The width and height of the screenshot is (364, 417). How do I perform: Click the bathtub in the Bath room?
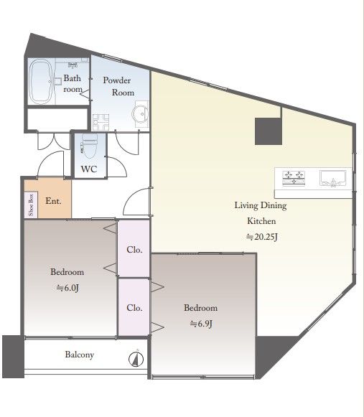[40, 81]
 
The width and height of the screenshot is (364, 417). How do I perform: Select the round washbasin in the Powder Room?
[140, 114]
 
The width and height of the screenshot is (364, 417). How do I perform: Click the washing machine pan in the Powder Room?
[101, 122]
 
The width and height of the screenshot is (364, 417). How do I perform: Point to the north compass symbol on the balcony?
[136, 359]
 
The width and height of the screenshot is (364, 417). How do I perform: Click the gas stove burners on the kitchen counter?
[294, 178]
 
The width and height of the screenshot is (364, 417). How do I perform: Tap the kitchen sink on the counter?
[333, 178]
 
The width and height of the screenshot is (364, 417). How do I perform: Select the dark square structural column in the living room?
[269, 131]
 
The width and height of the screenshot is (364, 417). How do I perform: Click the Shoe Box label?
[31, 205]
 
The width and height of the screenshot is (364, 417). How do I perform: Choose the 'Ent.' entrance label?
[53, 201]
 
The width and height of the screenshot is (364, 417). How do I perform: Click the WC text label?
[89, 169]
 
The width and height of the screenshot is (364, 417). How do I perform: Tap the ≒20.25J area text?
[262, 237]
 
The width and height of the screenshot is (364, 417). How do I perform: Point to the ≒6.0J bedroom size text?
[67, 288]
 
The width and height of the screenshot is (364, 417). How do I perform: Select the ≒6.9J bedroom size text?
[201, 324]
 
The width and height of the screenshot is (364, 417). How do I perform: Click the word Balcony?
[79, 355]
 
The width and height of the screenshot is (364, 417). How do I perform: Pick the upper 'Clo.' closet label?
[134, 250]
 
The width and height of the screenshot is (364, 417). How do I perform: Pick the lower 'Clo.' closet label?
[134, 308]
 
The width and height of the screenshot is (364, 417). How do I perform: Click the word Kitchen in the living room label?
[261, 221]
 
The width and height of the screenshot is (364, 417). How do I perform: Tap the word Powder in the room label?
[117, 80]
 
